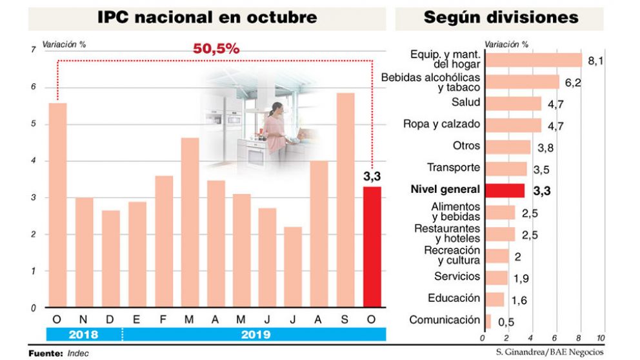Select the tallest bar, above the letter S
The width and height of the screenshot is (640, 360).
click(346, 200)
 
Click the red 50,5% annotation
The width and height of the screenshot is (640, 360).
click(217, 49)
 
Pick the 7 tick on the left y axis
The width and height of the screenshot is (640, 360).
click(33, 50)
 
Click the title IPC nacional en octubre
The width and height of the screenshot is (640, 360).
click(207, 18)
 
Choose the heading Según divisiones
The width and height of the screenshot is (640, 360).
click(501, 18)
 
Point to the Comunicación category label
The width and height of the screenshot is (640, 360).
click(445, 319)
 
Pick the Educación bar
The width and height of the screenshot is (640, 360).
click(494, 299)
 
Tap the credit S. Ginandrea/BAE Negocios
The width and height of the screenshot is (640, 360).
click(550, 352)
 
